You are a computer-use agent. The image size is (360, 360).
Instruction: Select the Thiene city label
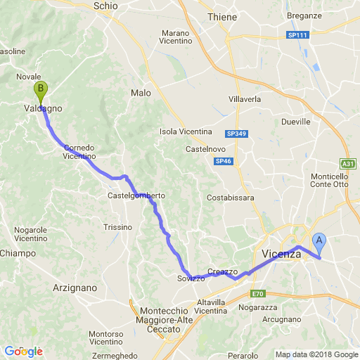(x=222, y=17)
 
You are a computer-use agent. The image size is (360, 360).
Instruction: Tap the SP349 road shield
(x=236, y=133)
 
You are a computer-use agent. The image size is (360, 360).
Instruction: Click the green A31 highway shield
(x=347, y=163)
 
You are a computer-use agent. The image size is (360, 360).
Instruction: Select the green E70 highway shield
(x=259, y=294)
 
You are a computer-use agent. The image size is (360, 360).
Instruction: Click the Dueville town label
(x=295, y=122)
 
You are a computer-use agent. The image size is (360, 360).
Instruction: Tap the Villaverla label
(x=245, y=99)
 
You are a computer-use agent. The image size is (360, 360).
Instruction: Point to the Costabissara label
(x=231, y=198)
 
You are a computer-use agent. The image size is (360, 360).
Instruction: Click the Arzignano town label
(x=75, y=288)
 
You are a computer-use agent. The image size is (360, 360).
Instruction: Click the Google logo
(x=23, y=352)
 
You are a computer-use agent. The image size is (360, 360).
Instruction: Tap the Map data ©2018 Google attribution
(x=316, y=354)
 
